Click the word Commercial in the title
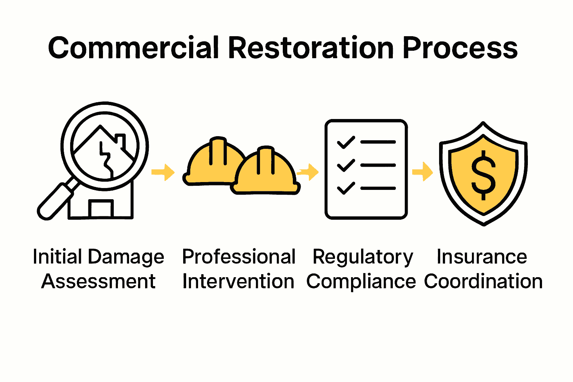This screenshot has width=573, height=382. click(133, 48)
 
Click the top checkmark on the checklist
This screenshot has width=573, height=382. click(346, 142)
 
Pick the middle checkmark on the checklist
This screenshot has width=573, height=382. click(346, 165)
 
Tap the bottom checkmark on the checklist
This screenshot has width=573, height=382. click(346, 188)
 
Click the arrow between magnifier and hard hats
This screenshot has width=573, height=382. click(163, 172)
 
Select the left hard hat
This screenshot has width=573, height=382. click(213, 162)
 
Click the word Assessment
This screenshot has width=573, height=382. click(98, 281)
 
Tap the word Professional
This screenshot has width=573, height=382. click(239, 257)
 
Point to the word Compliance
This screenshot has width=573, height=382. click(361, 281)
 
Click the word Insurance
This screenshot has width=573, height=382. click(482, 257)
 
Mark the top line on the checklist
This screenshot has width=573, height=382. click(378, 142)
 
